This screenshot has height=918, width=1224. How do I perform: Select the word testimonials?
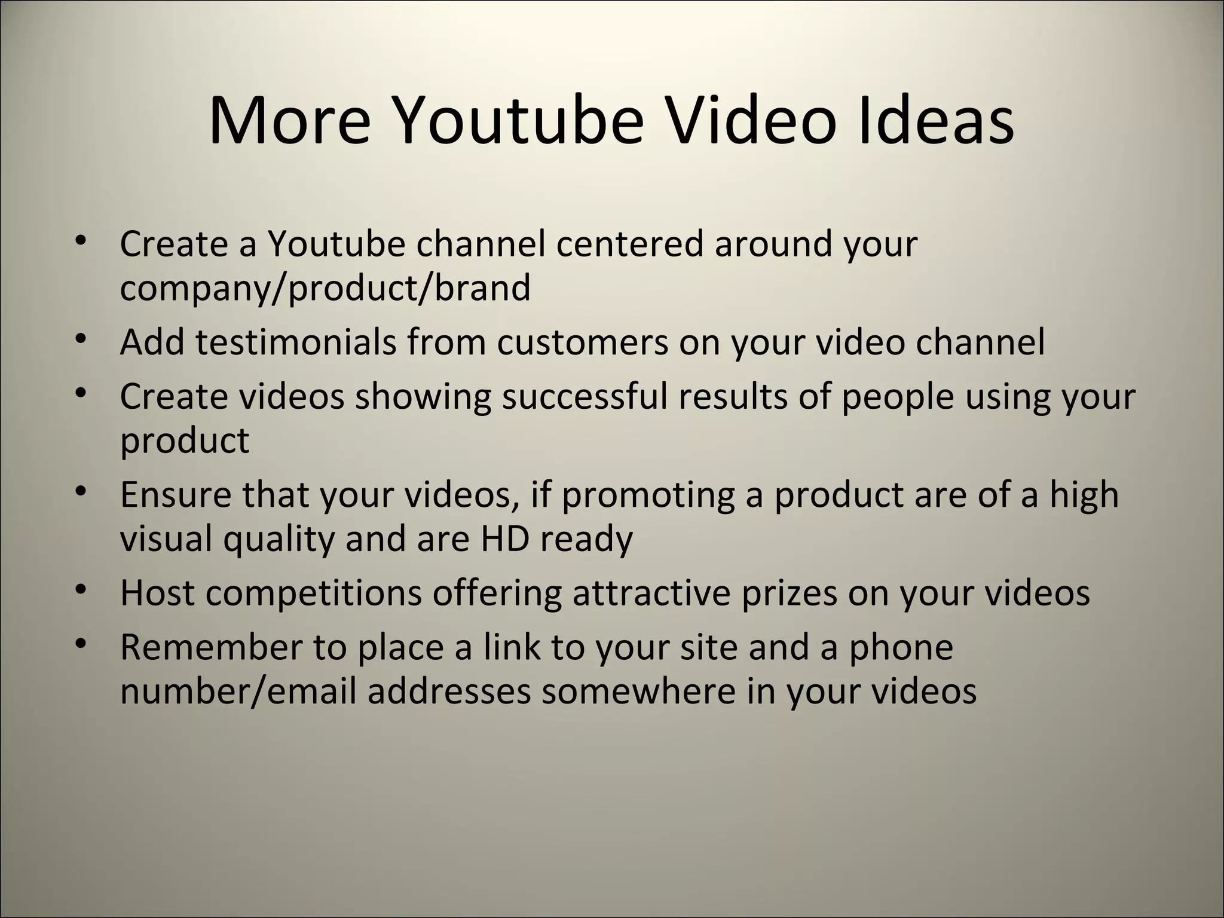[x=296, y=342]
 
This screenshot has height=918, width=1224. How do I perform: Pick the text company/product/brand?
[x=325, y=288]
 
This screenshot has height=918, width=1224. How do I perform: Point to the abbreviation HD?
[x=505, y=539]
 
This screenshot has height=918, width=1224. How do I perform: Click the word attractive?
[x=651, y=593]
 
